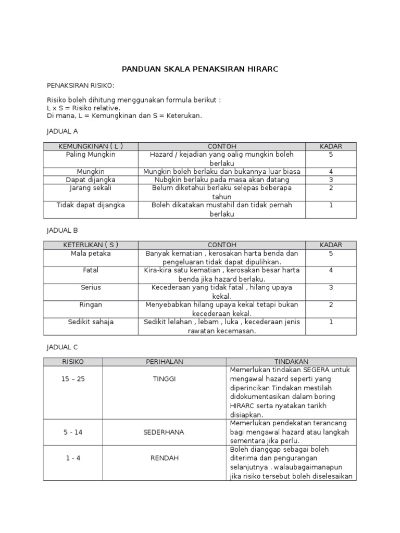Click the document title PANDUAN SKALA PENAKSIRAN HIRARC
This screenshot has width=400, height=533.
coord(200,69)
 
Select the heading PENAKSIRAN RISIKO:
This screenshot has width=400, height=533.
coord(80,85)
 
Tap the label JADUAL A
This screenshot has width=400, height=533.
coord(62,131)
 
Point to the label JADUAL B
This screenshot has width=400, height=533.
coord(62,230)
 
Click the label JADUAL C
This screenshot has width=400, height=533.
coord(62,346)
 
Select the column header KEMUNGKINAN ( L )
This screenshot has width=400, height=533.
coord(91,146)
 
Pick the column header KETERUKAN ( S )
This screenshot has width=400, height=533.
coord(91,245)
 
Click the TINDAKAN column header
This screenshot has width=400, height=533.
coord(291,361)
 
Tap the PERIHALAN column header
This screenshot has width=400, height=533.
coord(165,361)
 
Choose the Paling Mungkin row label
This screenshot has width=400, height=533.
coord(91,155)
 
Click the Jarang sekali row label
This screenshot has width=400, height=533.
coord(91,188)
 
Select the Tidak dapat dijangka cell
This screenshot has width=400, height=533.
coord(91,205)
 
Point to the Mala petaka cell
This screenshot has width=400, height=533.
coord(91,253)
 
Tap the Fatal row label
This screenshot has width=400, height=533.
coord(91,270)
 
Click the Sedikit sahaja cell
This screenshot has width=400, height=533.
coord(91,322)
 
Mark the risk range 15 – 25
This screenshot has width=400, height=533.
coord(73,378)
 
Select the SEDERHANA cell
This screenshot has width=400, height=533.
coord(165,432)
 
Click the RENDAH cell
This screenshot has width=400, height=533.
coord(165,458)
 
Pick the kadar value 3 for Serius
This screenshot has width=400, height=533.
coord(331,287)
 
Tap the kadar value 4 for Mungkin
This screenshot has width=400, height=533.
coord(331,171)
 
